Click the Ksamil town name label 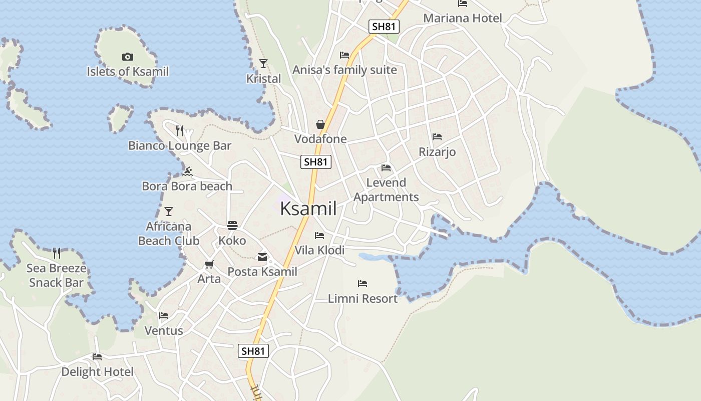click(308, 209)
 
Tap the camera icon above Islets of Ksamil click(128, 57)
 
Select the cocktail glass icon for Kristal click(263, 64)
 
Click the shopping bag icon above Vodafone click(320, 124)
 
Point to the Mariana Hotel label click(462, 19)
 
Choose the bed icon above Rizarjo click(437, 137)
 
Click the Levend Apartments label click(386, 189)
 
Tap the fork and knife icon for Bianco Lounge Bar click(180, 131)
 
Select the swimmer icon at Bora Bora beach click(187, 172)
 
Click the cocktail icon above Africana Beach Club click(169, 212)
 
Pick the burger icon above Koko click(232, 226)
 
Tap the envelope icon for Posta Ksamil click(262, 258)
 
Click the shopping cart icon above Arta click(209, 264)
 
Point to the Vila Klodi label click(319, 250)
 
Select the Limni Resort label click(363, 299)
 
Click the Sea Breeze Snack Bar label click(57, 275)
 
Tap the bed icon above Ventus click(164, 316)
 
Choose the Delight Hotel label click(97, 372)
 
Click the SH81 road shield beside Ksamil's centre click(316, 162)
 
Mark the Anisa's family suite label click(344, 70)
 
